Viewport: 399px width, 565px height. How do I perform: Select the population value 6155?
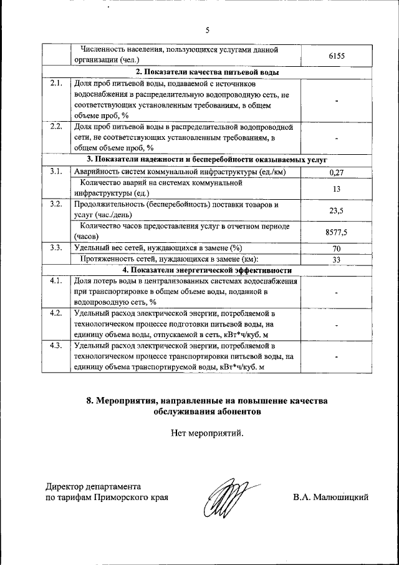(x=337, y=56)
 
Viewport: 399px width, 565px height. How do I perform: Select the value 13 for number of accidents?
(x=337, y=189)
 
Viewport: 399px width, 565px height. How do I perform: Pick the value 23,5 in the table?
(x=337, y=211)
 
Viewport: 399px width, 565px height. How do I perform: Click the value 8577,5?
(x=337, y=232)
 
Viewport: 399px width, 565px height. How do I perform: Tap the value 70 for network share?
(x=337, y=248)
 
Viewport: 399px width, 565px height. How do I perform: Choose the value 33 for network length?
(x=337, y=260)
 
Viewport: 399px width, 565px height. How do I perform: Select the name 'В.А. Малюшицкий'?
(x=331, y=498)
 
